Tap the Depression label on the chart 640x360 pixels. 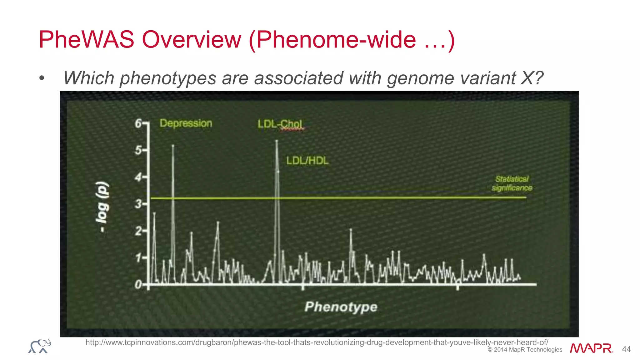pos(186,123)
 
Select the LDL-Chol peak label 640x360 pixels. pos(280,124)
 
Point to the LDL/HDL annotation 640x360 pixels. pos(307,161)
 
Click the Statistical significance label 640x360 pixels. pos(512,183)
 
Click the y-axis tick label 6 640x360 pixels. pos(138,123)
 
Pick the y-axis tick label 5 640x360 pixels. pos(138,150)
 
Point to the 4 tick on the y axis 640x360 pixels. pos(138,177)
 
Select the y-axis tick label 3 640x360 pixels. pos(138,204)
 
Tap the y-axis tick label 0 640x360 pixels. pos(138,285)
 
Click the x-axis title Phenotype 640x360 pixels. pos(341,307)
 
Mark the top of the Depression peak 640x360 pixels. pos(173,146)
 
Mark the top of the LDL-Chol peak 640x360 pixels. pos(277,141)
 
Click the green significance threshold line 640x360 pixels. pos(375,197)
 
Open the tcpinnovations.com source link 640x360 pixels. pos(317,342)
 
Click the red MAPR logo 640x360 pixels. pos(591,348)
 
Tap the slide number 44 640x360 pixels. pos(626,349)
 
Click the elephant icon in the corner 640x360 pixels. pos(40,346)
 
